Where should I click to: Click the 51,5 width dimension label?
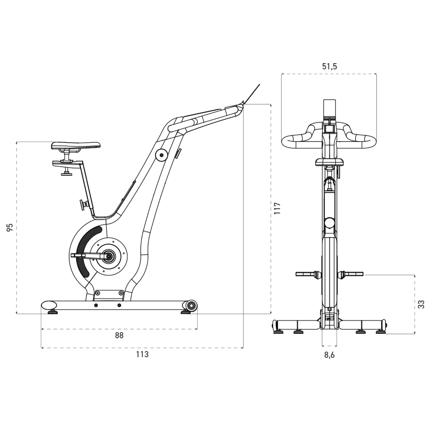[329, 66]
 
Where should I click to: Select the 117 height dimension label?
[277, 208]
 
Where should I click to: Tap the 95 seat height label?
[10, 227]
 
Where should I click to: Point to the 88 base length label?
[119, 335]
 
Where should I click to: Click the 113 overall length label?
[142, 354]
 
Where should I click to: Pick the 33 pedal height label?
[421, 304]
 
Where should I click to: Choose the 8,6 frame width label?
[329, 355]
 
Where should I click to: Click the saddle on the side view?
[76, 145]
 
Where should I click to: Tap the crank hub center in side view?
[109, 257]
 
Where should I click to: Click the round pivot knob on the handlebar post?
[161, 155]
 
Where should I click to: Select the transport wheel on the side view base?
[191, 305]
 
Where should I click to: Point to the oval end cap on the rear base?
[49, 305]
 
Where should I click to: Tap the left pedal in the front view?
[306, 274]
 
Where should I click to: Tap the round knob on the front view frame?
[329, 223]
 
